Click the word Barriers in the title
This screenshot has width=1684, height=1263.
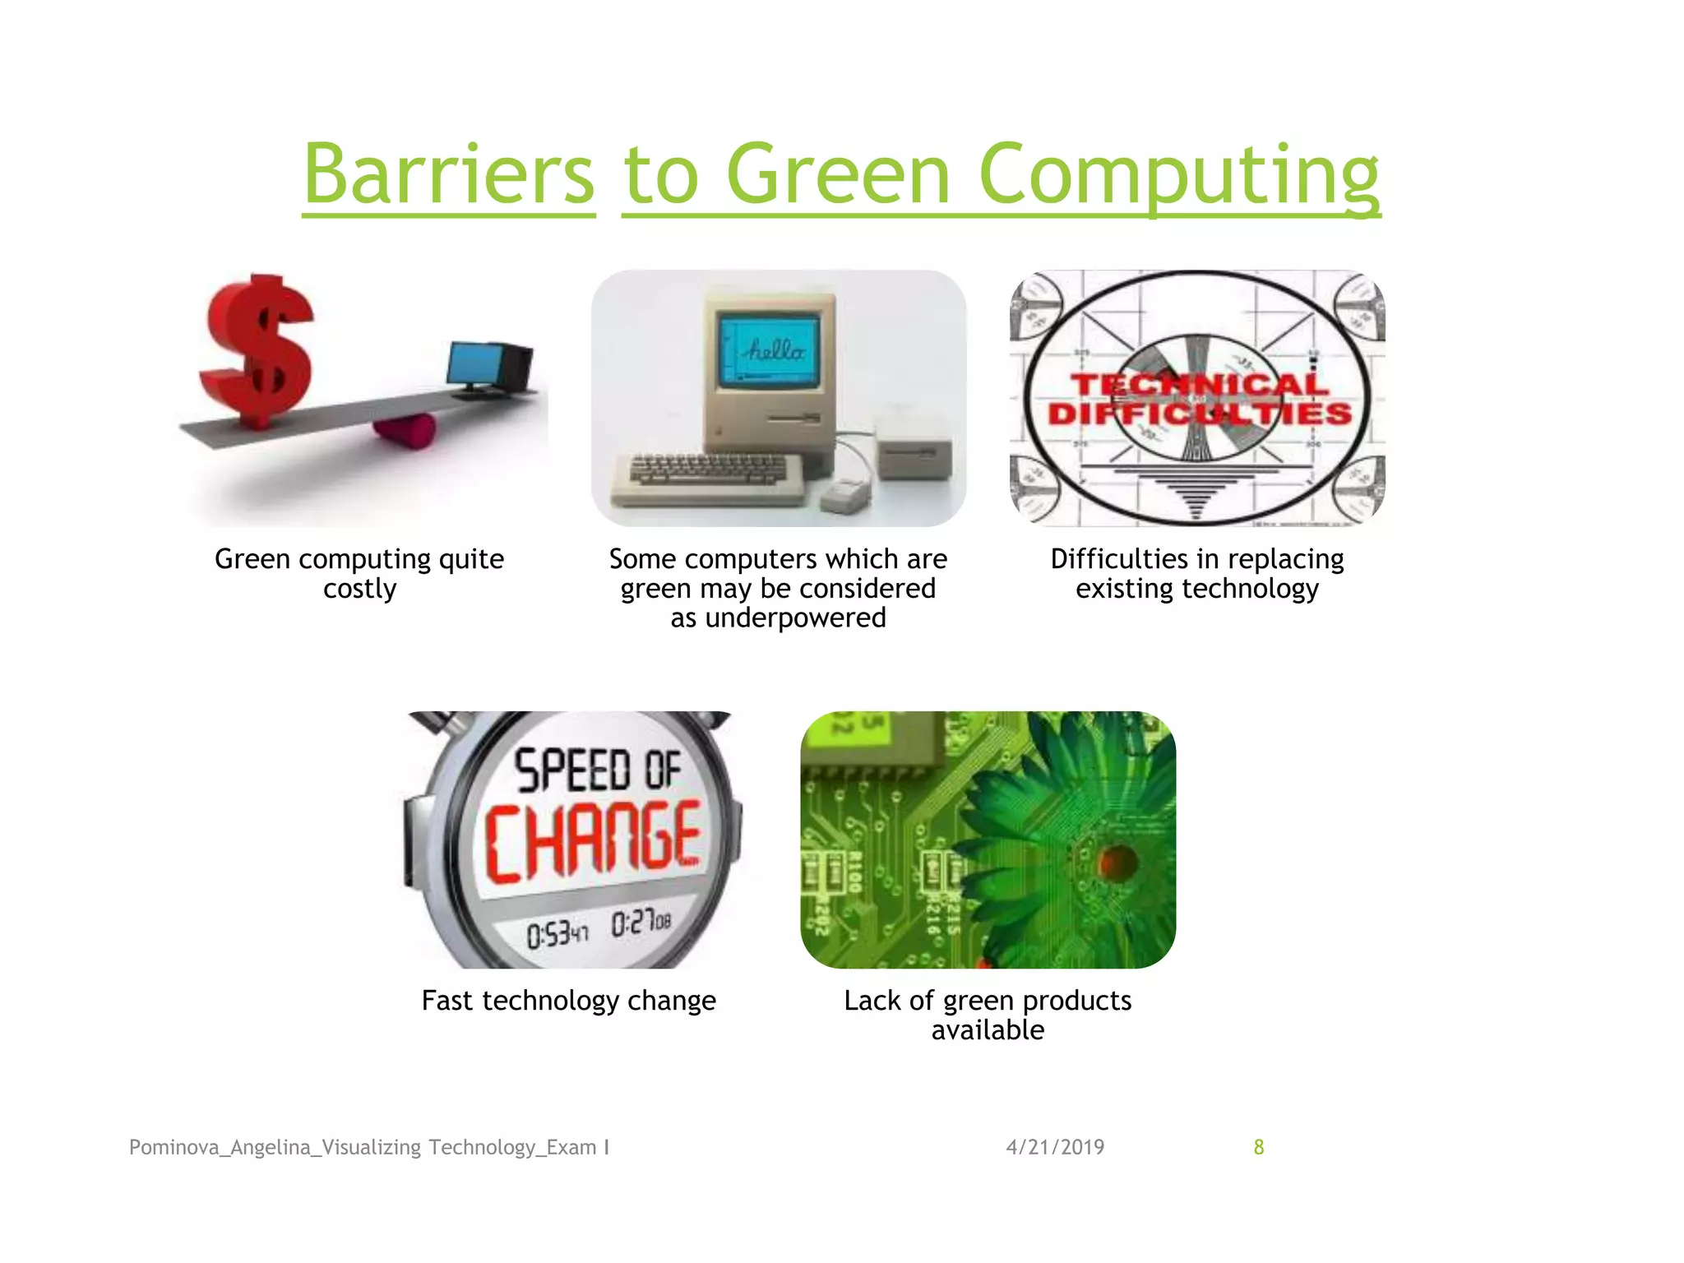[x=449, y=174]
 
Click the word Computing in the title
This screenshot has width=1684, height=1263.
[x=1178, y=174]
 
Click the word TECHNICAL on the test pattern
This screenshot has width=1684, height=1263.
[x=1199, y=384]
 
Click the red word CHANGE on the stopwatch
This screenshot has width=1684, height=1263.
[x=592, y=839]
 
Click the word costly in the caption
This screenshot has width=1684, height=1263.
[x=359, y=590]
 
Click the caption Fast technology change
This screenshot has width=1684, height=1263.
[x=568, y=1001]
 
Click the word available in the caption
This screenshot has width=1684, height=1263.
[x=988, y=1030]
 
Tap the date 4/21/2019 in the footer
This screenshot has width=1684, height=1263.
[x=1055, y=1147]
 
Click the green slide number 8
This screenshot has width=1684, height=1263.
[x=1258, y=1147]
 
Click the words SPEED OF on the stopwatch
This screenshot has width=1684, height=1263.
[x=597, y=770]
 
